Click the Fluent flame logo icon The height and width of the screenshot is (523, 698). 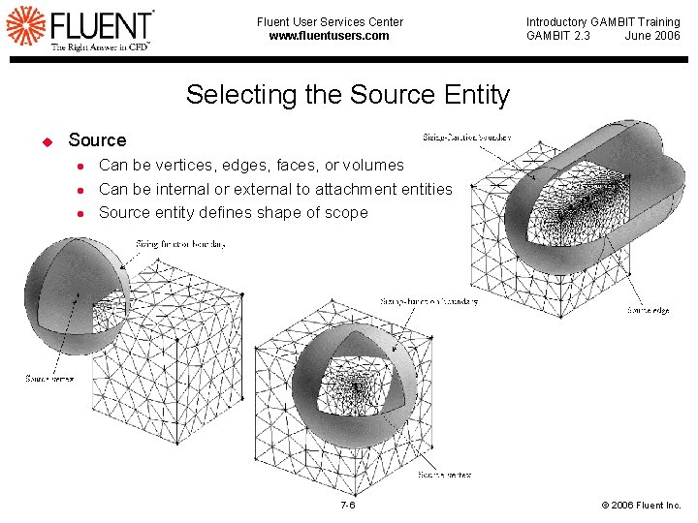[25, 25]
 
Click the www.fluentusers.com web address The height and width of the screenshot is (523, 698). [329, 36]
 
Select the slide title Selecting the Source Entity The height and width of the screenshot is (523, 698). [347, 95]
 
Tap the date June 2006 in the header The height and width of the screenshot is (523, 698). [652, 36]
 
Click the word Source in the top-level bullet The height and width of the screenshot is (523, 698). [97, 140]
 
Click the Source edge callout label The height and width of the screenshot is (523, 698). [648, 311]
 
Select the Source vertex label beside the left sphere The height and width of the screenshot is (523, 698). [48, 379]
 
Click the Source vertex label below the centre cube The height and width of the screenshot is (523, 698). [445, 476]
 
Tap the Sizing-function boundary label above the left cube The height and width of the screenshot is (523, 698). [180, 244]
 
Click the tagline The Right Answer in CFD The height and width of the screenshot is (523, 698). [100, 46]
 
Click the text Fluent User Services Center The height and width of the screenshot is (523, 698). [330, 22]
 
